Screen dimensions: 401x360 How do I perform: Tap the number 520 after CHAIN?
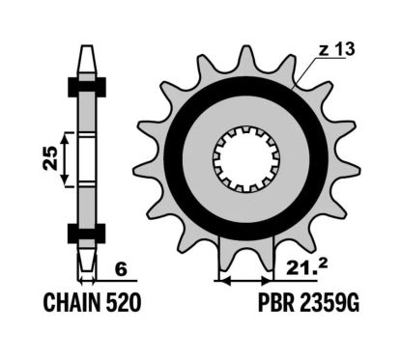tap(124, 303)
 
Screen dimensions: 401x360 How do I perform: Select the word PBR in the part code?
tap(276, 303)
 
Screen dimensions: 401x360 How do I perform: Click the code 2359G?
tap(329, 303)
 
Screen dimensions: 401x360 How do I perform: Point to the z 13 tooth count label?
tap(336, 49)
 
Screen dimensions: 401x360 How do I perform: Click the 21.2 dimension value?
tap(306, 266)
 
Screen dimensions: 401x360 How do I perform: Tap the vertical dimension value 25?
tap(50, 158)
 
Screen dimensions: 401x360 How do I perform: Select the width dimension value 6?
tap(121, 269)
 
